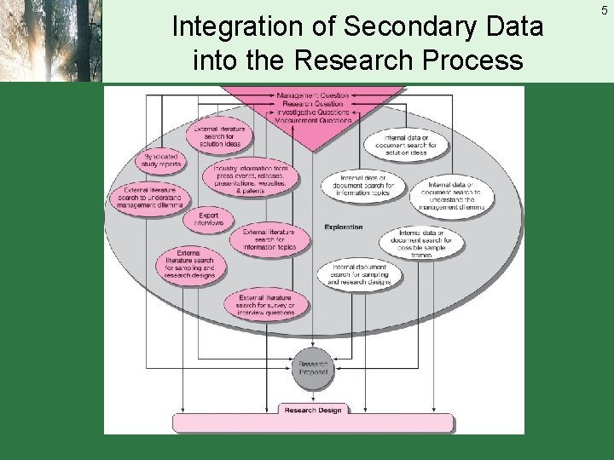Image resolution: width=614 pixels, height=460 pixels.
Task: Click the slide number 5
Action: (x=604, y=11)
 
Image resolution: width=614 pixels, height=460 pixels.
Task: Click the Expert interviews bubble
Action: (x=209, y=218)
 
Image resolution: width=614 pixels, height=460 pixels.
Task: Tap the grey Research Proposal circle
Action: (x=313, y=367)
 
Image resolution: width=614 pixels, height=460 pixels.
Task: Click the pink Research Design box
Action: (x=312, y=411)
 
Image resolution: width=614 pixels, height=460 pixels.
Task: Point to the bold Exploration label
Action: (x=343, y=227)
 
